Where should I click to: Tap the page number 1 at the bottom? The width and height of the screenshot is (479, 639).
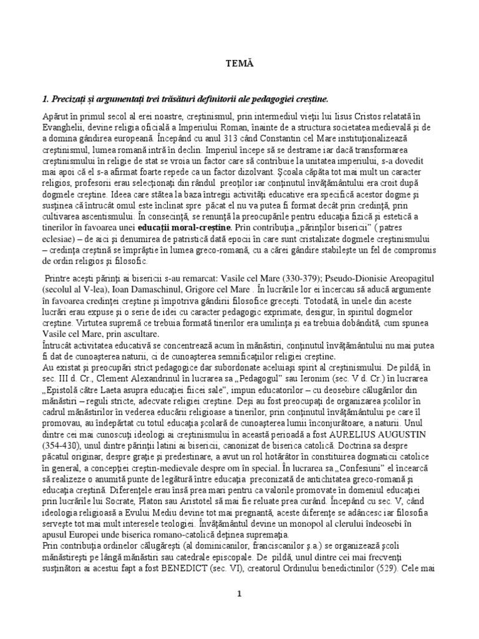point(239,593)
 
